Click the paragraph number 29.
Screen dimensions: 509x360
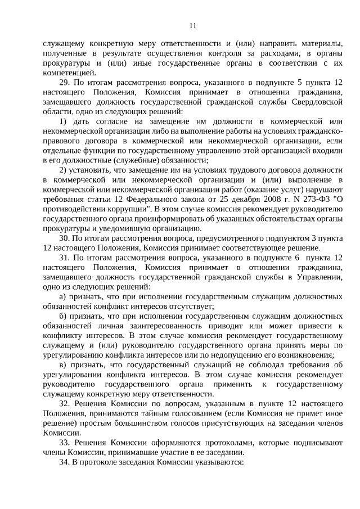(64, 82)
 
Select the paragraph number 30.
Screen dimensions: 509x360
(64, 238)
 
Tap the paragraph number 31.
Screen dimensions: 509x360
(64, 258)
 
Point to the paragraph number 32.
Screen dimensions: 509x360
(64, 404)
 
